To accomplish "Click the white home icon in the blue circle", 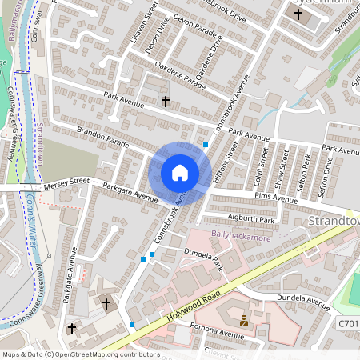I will [x=180, y=173].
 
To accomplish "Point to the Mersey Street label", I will [x=66, y=183].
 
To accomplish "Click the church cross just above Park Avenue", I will [x=166, y=101].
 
